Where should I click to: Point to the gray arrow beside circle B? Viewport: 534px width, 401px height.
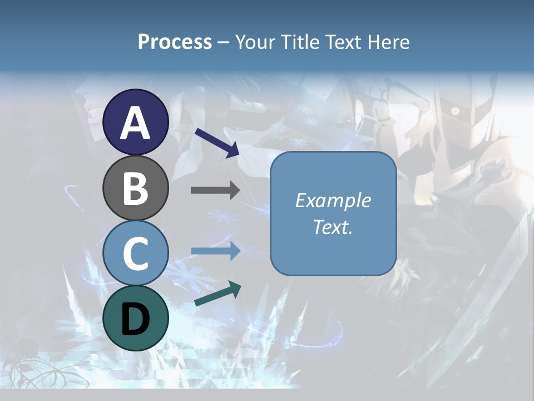click(x=215, y=190)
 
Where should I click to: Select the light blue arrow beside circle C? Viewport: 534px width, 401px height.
click(x=215, y=251)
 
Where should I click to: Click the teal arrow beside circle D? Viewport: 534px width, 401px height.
click(x=217, y=294)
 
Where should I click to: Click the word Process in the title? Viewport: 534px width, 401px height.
click(x=175, y=42)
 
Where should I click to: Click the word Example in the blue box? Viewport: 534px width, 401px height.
click(x=333, y=200)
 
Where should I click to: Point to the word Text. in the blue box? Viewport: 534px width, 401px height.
click(x=333, y=227)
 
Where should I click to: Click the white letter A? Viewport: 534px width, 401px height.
click(x=136, y=123)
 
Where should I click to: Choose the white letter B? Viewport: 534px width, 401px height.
click(x=136, y=188)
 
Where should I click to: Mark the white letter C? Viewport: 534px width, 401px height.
click(x=136, y=253)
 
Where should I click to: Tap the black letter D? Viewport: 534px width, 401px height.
click(x=136, y=318)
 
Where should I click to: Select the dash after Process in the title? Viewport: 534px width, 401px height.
click(x=224, y=42)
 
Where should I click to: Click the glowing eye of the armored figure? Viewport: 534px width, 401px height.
click(x=455, y=111)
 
